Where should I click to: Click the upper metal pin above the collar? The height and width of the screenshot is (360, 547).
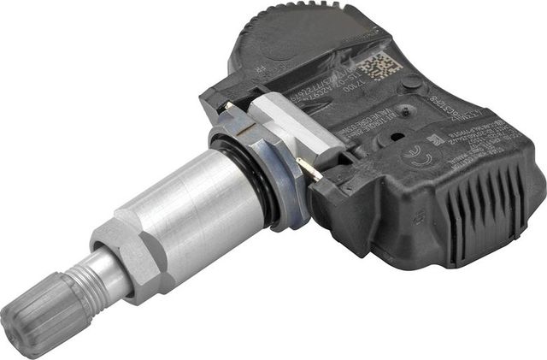pyautogui.click(x=231, y=107)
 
